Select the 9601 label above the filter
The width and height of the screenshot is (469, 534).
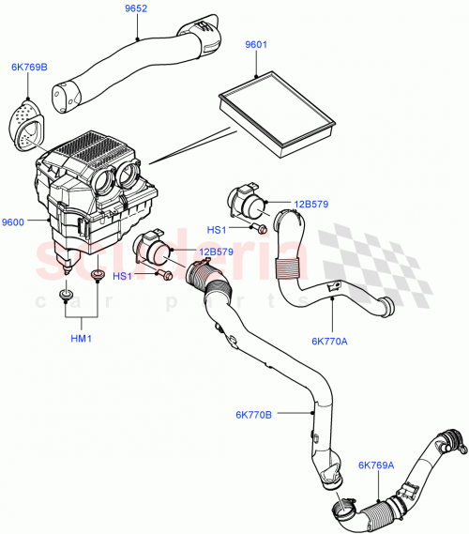pyautogui.click(x=256, y=44)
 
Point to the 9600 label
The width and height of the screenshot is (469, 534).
pyautogui.click(x=14, y=221)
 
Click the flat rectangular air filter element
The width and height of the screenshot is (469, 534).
pyautogui.click(x=276, y=106)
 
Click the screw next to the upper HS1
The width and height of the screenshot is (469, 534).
pyautogui.click(x=263, y=228)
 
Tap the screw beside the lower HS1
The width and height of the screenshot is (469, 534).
pyautogui.click(x=162, y=276)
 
